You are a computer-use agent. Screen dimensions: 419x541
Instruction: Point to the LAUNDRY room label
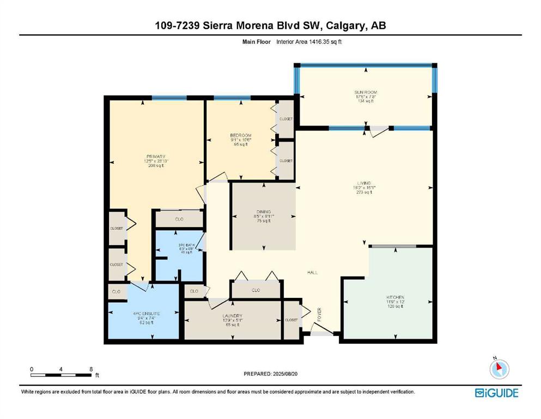click(x=232, y=315)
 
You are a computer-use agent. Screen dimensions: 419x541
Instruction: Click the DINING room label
click(x=264, y=212)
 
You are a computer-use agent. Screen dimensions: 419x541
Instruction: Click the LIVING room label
click(x=363, y=183)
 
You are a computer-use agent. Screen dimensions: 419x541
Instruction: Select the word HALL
click(x=312, y=272)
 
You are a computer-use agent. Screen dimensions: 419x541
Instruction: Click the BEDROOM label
click(x=240, y=135)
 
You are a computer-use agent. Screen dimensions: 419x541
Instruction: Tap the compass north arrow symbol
click(x=500, y=369)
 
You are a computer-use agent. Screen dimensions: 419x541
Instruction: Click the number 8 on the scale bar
click(x=90, y=369)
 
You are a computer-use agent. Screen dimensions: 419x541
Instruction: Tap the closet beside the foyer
click(x=291, y=320)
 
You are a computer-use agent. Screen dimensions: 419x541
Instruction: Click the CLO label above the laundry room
click(x=256, y=290)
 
